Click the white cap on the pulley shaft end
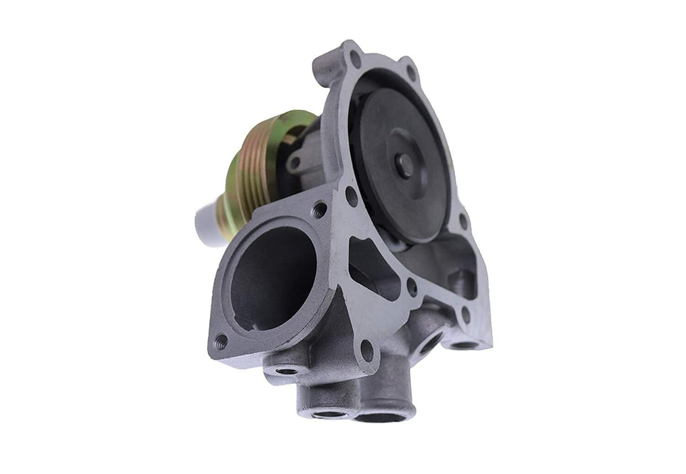(206, 225)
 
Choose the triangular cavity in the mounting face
(372, 267)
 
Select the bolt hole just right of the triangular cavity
(411, 287)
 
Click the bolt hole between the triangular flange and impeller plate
(351, 196)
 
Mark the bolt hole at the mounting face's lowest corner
(366, 350)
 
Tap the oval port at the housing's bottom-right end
(464, 344)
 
